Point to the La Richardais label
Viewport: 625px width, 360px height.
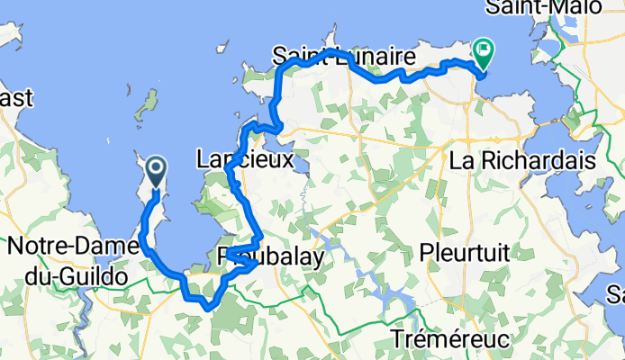tap(523, 161)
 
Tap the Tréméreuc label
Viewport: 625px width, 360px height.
tap(451, 339)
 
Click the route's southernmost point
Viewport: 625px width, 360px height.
tap(208, 307)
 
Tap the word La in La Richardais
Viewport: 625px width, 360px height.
tap(463, 161)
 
